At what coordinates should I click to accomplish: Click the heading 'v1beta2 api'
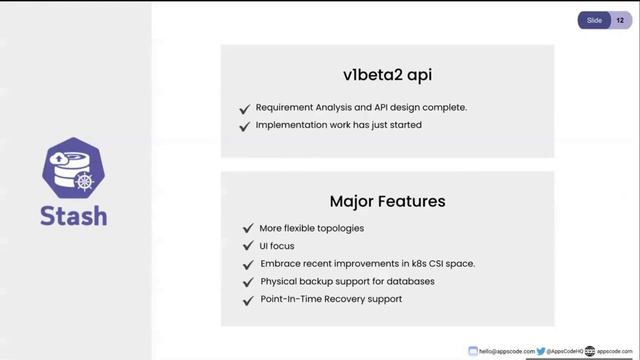pyautogui.click(x=386, y=74)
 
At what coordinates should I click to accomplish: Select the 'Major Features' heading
pyautogui.click(x=386, y=201)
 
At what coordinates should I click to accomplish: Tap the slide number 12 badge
pyautogui.click(x=619, y=20)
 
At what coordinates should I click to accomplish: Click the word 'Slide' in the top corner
pyautogui.click(x=594, y=20)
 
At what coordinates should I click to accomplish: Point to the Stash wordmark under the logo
pyautogui.click(x=73, y=216)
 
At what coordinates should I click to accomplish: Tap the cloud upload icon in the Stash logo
pyautogui.click(x=62, y=158)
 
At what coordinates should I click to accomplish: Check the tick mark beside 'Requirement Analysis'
pyautogui.click(x=244, y=108)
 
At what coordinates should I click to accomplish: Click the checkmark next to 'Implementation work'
pyautogui.click(x=244, y=126)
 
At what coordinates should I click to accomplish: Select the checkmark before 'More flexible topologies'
pyautogui.click(x=248, y=229)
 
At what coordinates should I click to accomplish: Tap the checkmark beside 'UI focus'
pyautogui.click(x=248, y=246)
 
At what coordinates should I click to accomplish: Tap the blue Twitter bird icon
pyautogui.click(x=541, y=351)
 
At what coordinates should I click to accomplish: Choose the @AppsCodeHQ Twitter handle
pyautogui.click(x=565, y=351)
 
